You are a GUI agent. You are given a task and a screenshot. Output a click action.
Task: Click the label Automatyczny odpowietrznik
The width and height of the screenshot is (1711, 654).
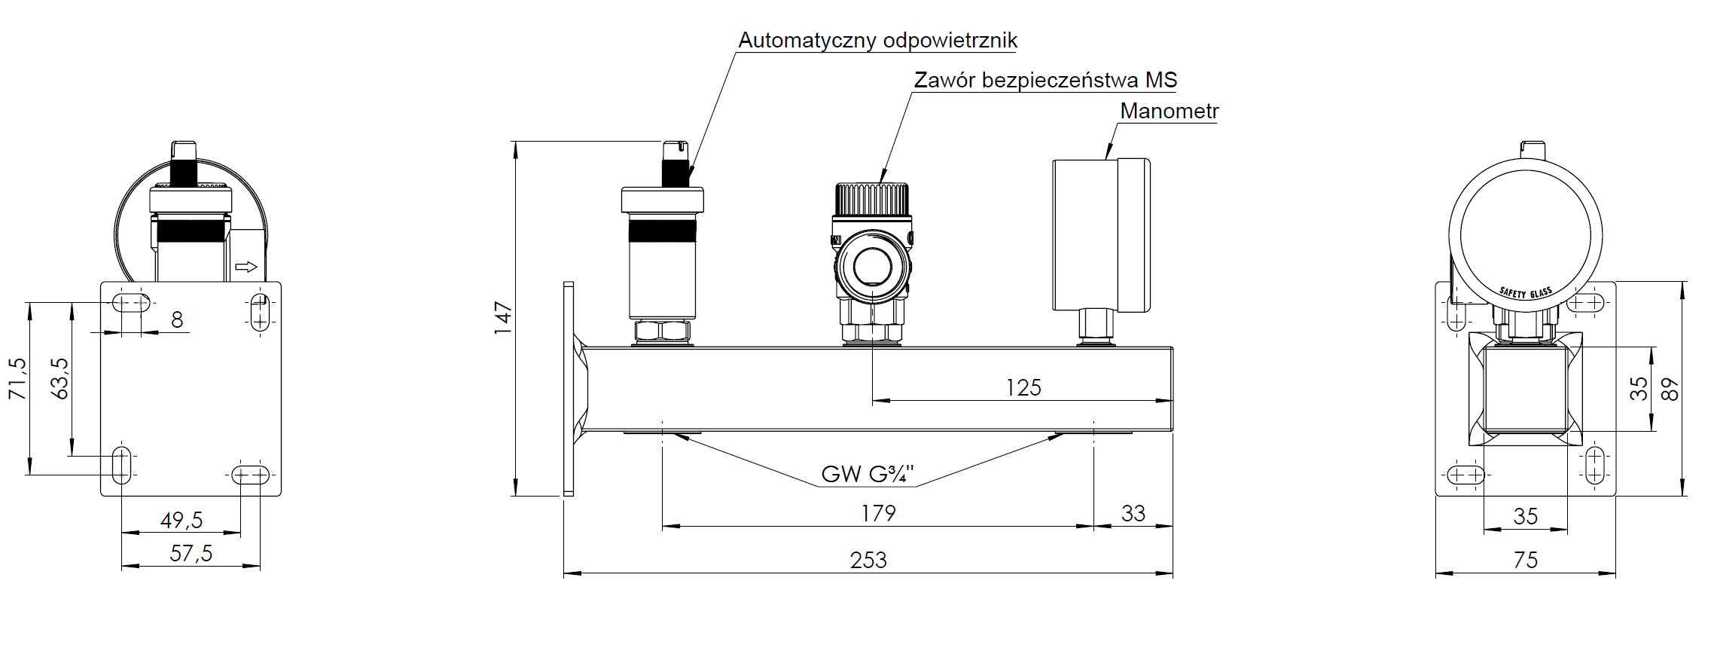click(x=877, y=40)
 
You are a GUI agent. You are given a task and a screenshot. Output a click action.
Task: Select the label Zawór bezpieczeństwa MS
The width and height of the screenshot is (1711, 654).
click(x=1045, y=80)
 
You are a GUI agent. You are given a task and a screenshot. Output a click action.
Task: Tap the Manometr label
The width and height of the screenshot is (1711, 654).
click(x=1169, y=111)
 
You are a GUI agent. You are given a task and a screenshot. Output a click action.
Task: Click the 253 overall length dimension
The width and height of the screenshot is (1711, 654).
click(x=868, y=560)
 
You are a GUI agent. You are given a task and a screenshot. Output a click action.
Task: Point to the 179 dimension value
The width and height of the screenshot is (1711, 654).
click(x=878, y=513)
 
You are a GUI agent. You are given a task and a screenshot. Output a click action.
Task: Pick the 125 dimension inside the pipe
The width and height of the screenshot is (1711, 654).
click(x=1023, y=387)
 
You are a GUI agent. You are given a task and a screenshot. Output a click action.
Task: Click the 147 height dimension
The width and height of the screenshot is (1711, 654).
click(x=503, y=318)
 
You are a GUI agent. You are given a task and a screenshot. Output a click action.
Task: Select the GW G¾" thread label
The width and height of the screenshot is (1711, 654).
click(x=867, y=474)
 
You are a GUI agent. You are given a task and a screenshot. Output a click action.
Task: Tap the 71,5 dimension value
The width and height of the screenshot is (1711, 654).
click(x=17, y=378)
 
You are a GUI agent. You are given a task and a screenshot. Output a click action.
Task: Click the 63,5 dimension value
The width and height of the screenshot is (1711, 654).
click(x=59, y=378)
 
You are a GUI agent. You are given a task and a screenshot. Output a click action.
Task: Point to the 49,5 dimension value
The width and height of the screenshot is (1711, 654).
click(x=181, y=520)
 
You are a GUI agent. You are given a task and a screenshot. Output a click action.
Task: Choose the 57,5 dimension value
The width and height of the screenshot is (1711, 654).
click(x=191, y=553)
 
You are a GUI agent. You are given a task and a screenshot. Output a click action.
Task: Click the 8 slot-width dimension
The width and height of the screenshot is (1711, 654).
click(x=177, y=319)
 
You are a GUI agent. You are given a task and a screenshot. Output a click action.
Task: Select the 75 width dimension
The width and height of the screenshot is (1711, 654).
click(x=1525, y=560)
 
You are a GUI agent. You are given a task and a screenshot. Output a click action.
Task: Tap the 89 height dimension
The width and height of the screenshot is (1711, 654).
click(x=1670, y=389)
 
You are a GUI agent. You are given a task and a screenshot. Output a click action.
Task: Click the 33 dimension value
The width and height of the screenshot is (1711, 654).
click(x=1133, y=513)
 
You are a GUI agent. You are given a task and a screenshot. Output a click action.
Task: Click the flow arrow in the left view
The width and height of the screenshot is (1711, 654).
click(x=246, y=267)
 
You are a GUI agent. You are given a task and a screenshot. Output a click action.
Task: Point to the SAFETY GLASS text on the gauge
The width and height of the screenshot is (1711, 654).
click(x=1525, y=292)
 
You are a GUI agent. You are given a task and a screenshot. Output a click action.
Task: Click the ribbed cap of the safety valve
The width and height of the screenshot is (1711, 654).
click(x=872, y=199)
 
